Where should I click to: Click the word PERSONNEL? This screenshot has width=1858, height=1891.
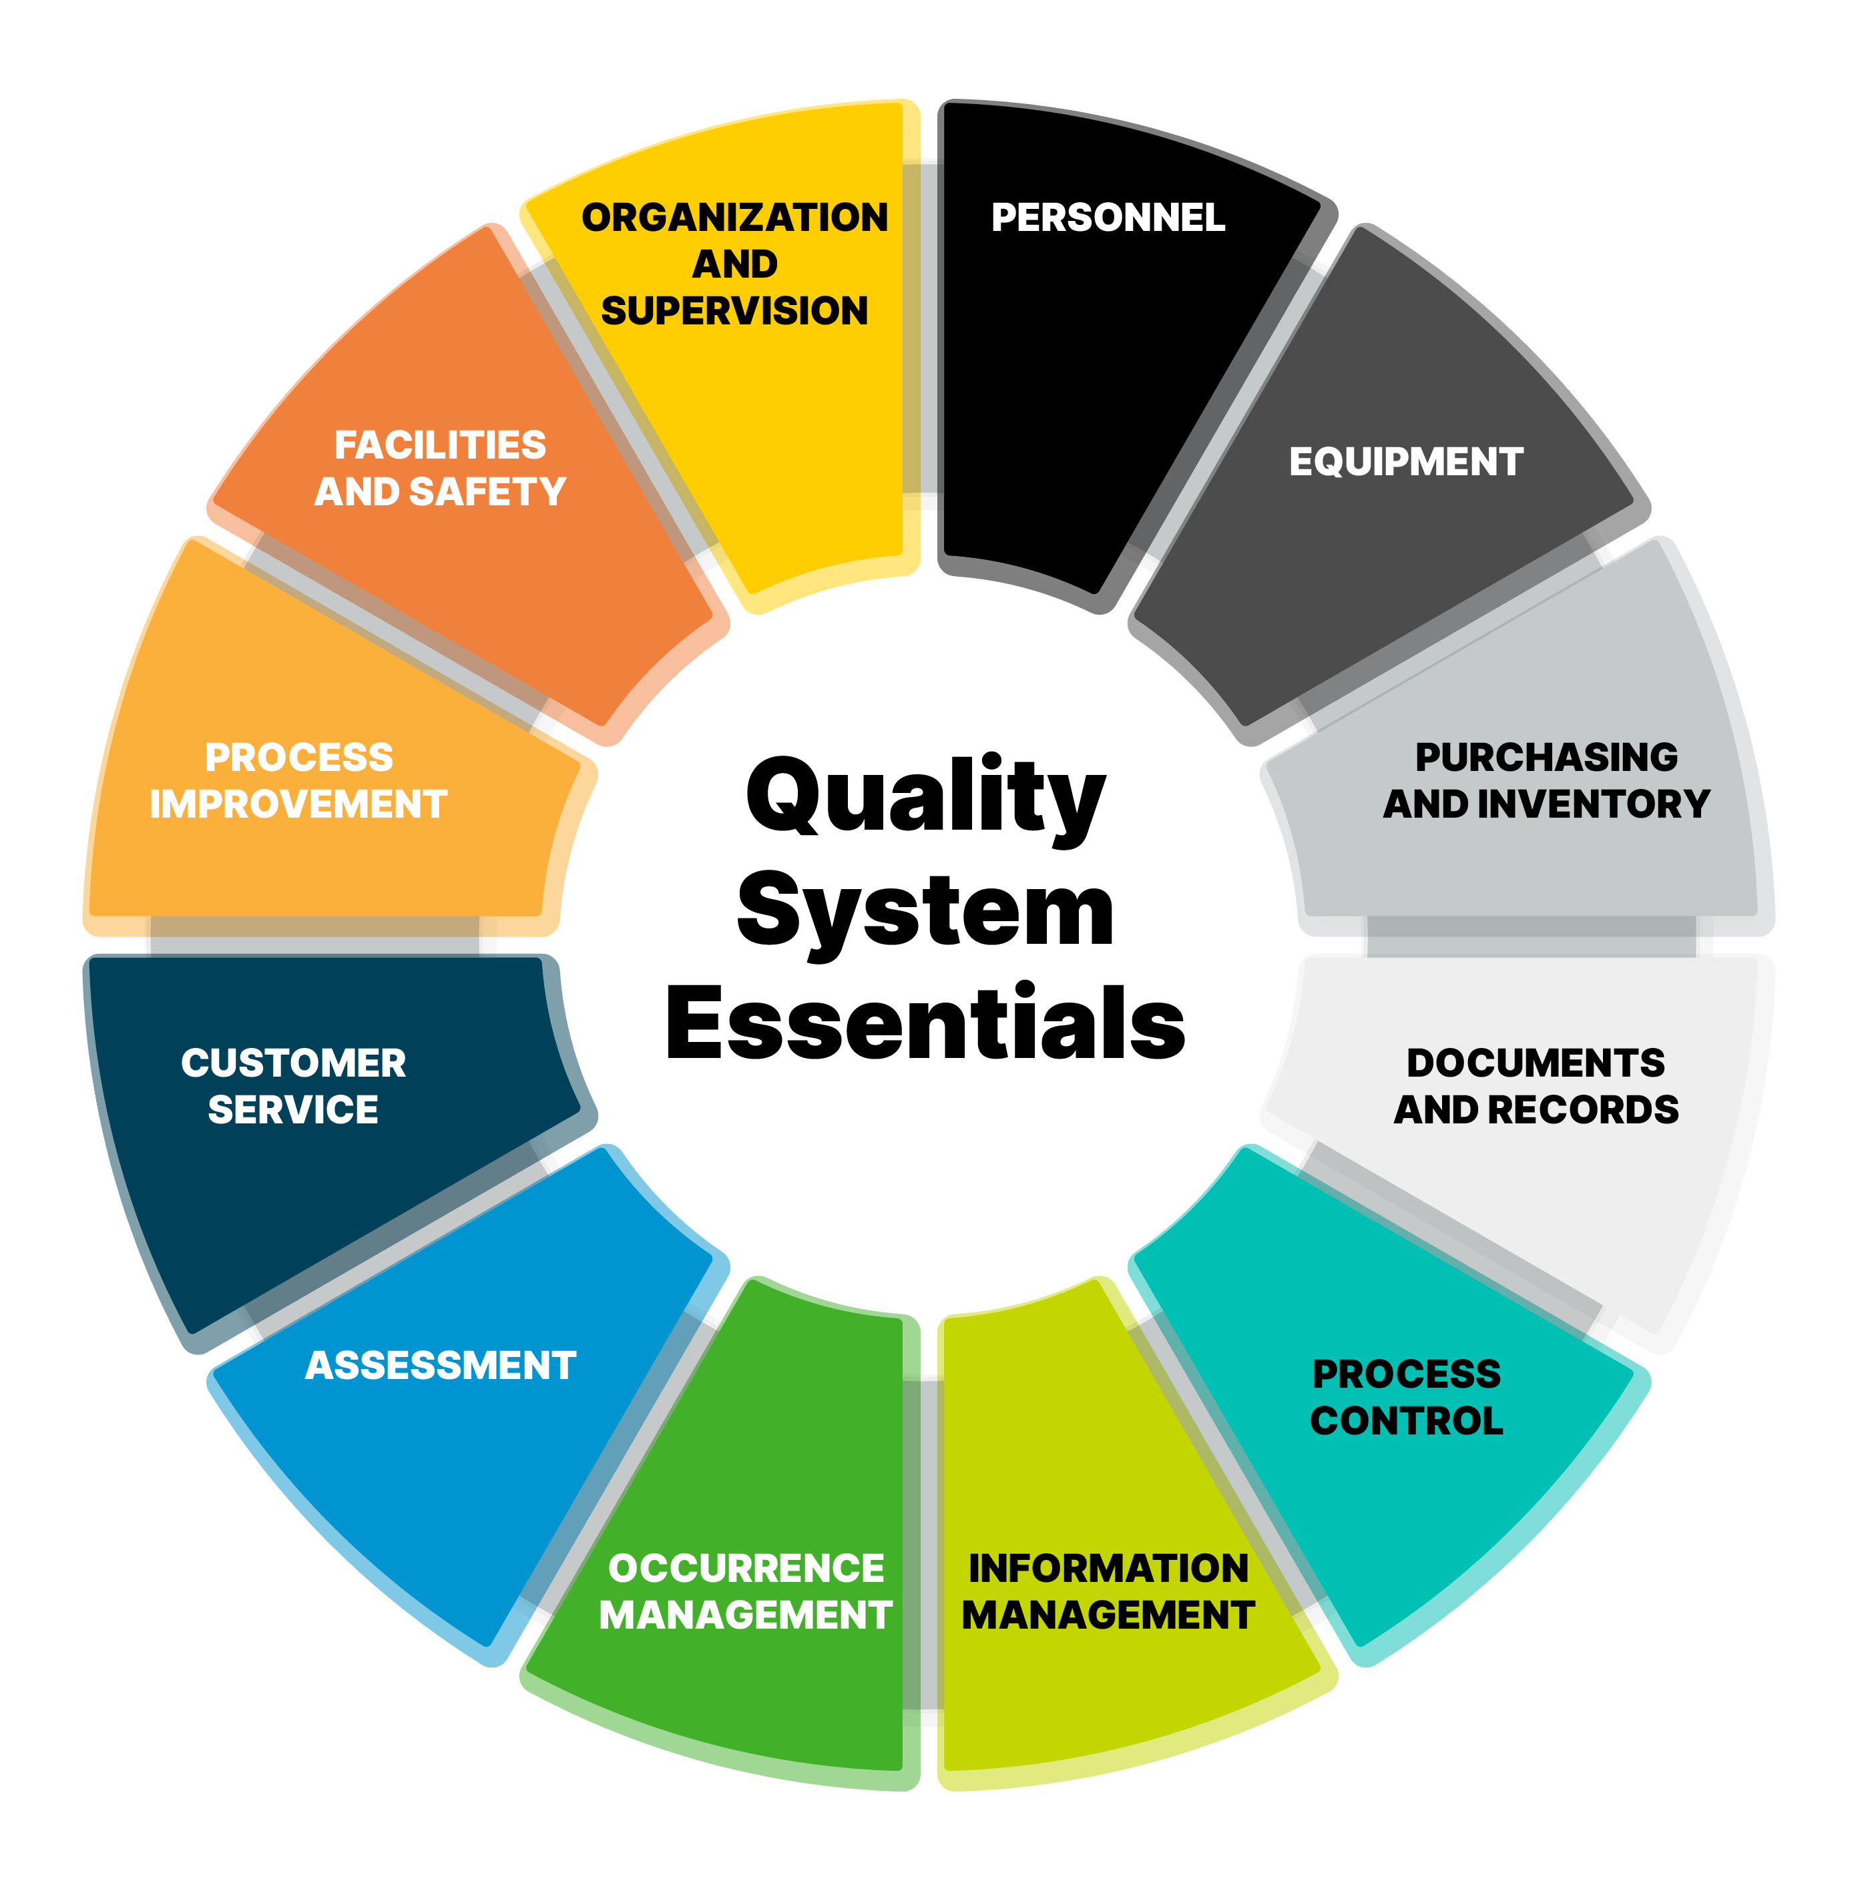[1108, 218]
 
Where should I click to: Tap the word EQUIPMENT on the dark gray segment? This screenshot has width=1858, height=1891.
[1405, 461]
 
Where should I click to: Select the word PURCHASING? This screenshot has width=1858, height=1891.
[1547, 757]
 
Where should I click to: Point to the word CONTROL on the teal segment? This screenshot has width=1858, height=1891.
[1406, 1420]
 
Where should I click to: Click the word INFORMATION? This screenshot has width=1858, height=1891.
[1108, 1568]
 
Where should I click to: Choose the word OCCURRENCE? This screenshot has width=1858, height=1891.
[746, 1568]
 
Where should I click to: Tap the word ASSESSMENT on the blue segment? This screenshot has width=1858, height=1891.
[440, 1365]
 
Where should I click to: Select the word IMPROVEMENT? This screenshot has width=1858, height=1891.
[298, 804]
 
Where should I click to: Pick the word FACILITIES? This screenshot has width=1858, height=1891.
[440, 445]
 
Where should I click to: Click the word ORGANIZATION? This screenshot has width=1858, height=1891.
[735, 218]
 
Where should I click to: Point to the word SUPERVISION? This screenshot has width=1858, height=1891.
[735, 310]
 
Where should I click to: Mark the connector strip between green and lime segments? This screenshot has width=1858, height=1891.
[922, 1551]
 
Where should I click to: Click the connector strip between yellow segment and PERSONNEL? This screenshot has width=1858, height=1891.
[922, 334]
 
